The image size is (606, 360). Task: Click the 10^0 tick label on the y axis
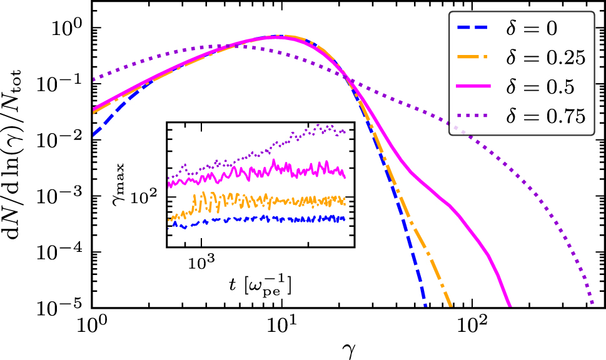66,29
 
